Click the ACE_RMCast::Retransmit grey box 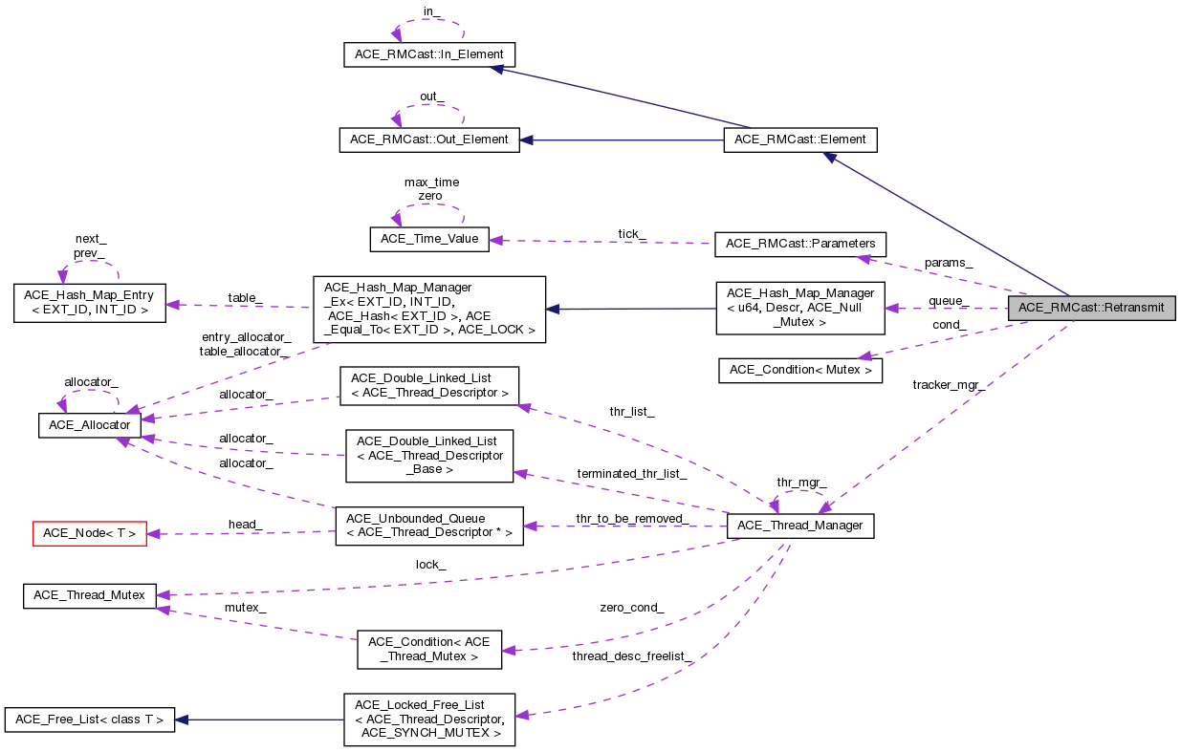(x=1091, y=308)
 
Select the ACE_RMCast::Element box (x=799, y=140)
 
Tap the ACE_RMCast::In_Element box (x=429, y=54)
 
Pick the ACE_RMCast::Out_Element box (x=429, y=140)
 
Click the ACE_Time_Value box (x=429, y=239)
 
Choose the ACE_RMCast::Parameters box (x=799, y=244)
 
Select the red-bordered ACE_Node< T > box (x=90, y=533)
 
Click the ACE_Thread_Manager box (x=800, y=526)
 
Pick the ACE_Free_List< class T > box (x=90, y=720)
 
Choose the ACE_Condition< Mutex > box (x=799, y=369)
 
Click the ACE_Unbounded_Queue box (x=429, y=526)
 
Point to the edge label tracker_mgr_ (x=949, y=385)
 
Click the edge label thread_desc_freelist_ (x=631, y=656)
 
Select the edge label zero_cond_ (x=631, y=607)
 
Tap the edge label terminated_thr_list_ (x=631, y=474)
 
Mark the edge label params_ (x=949, y=262)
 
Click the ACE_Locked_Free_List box (x=429, y=720)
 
